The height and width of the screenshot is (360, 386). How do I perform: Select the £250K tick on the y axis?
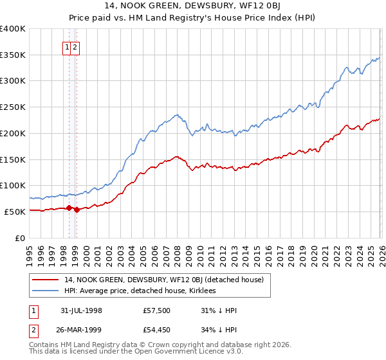pyautogui.click(x=13, y=107)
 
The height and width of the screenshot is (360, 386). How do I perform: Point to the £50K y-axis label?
pyautogui.click(x=14, y=212)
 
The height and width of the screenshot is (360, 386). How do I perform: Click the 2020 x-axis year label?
pyautogui.click(x=312, y=250)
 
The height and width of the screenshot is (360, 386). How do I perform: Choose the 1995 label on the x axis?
pyautogui.click(x=30, y=250)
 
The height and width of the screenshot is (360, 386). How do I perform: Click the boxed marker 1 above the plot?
pyautogui.click(x=67, y=47)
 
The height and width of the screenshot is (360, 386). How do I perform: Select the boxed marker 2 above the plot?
pyautogui.click(x=76, y=47)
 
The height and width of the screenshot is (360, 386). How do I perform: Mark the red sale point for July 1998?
pyautogui.click(x=69, y=207)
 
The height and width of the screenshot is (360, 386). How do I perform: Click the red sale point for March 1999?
pyautogui.click(x=77, y=209)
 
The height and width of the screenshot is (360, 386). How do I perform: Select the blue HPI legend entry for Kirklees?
pyautogui.click(x=140, y=291)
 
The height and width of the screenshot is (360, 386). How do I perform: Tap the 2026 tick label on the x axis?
pyautogui.click(x=380, y=250)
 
